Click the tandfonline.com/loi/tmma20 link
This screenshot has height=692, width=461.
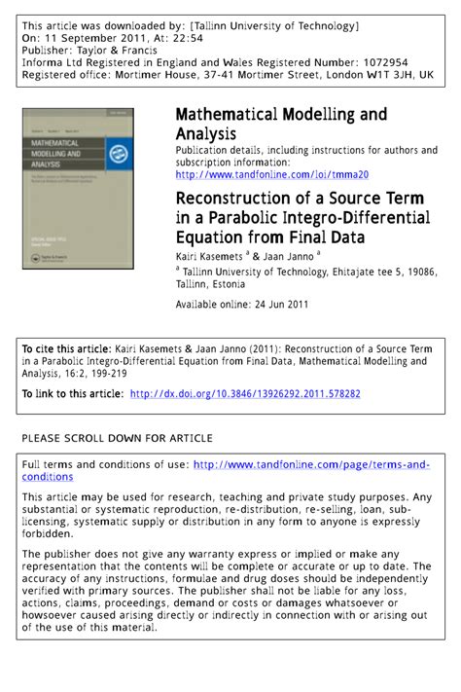(271, 175)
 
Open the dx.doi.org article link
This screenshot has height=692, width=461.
(244, 394)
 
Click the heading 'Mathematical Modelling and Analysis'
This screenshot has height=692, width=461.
(280, 124)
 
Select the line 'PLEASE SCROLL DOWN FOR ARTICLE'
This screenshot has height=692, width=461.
(117, 439)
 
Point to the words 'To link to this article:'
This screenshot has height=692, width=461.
(73, 394)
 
